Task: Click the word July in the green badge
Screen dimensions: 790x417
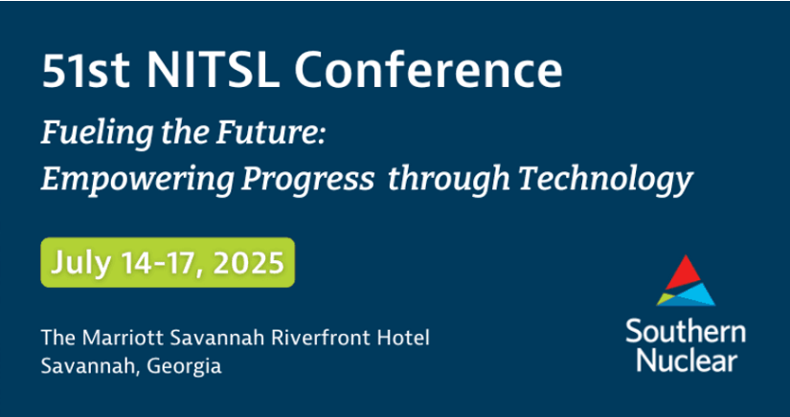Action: click(x=79, y=263)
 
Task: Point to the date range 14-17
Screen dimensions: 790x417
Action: click(x=159, y=263)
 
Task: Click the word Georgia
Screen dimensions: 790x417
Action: click(x=184, y=366)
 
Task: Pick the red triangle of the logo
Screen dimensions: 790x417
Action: click(x=685, y=274)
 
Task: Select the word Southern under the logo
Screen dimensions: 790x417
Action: click(x=686, y=333)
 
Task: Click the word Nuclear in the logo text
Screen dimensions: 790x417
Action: click(x=687, y=361)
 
